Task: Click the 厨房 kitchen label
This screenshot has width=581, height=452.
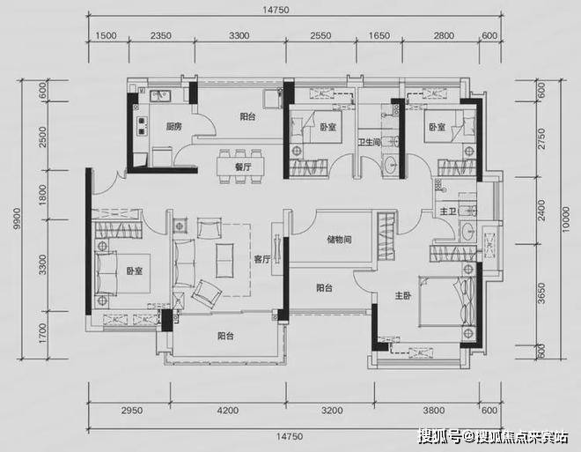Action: pyautogui.click(x=173, y=127)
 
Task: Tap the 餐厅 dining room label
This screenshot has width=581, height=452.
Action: pyautogui.click(x=243, y=167)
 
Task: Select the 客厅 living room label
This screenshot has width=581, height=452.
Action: pyautogui.click(x=262, y=259)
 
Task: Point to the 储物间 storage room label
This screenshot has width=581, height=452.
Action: pyautogui.click(x=339, y=240)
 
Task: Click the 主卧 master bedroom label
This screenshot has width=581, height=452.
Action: pyautogui.click(x=403, y=295)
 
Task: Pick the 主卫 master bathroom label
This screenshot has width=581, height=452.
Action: pyautogui.click(x=448, y=211)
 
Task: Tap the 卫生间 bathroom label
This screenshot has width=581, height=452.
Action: pyautogui.click(x=369, y=142)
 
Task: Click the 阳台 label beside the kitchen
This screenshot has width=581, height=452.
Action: pyautogui.click(x=247, y=117)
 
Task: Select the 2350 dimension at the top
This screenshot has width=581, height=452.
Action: pyautogui.click(x=161, y=35)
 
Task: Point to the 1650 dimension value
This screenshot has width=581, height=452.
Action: pyautogui.click(x=379, y=35)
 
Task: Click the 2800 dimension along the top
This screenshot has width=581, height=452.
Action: pyautogui.click(x=444, y=35)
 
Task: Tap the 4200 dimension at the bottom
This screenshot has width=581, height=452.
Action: pyautogui.click(x=228, y=411)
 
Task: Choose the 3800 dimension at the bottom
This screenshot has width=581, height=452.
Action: pyautogui.click(x=434, y=411)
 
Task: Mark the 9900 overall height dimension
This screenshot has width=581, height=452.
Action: pyautogui.click(x=17, y=219)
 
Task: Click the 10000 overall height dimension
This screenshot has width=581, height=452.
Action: pyautogui.click(x=565, y=219)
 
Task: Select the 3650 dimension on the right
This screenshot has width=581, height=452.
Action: pyautogui.click(x=541, y=293)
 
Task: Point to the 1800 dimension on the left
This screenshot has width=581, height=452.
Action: pyautogui.click(x=43, y=195)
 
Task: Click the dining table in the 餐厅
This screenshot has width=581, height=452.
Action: pyautogui.click(x=241, y=167)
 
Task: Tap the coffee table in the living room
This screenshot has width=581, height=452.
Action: pyautogui.click(x=224, y=260)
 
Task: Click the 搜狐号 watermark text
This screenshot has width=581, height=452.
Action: pyautogui.click(x=440, y=437)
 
